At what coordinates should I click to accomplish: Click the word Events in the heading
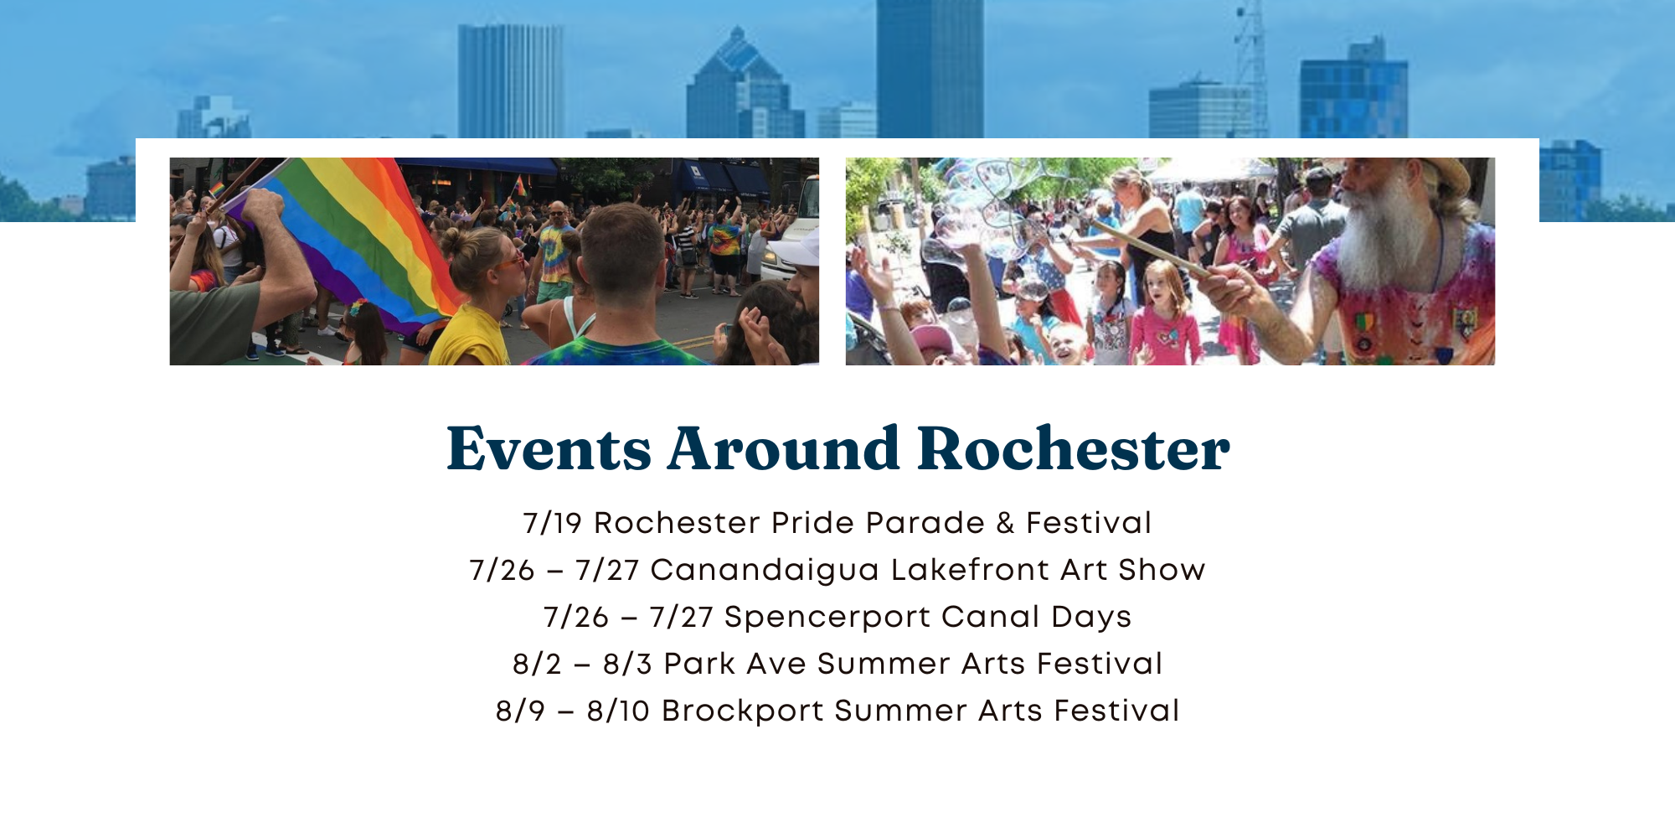click(x=549, y=448)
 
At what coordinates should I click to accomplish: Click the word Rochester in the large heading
click(x=1074, y=448)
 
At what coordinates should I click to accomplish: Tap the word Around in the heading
click(x=784, y=448)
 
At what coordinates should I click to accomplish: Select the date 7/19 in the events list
click(x=552, y=523)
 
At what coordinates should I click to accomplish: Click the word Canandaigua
click(x=765, y=571)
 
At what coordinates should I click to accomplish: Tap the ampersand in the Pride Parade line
click(x=1005, y=523)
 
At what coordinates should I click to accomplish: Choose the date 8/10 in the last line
click(x=618, y=711)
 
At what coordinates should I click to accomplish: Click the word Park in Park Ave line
click(x=698, y=664)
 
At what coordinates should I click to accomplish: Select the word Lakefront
click(x=970, y=570)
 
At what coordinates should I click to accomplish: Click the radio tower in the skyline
click(x=1250, y=67)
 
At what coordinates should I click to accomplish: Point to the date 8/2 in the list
click(x=537, y=665)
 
